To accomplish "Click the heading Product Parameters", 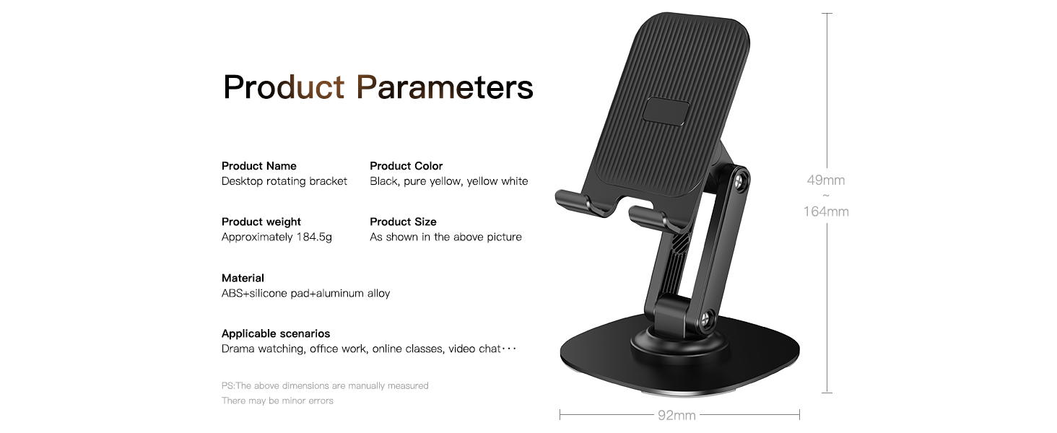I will [x=378, y=87].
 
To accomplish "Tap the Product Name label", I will [x=258, y=166].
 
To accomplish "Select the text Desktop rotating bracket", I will [x=284, y=181].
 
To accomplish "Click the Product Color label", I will [x=406, y=166].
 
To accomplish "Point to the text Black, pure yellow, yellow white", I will [x=448, y=181].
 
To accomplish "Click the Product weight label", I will [x=261, y=222].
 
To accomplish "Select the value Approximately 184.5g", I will [x=277, y=237].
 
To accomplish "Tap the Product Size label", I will [x=403, y=222].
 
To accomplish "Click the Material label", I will [x=243, y=278].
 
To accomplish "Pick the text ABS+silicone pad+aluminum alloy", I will [x=305, y=293].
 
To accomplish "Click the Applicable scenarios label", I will [x=275, y=333].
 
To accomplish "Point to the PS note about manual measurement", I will [x=324, y=386].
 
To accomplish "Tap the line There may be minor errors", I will [x=277, y=401].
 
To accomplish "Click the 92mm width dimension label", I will [x=677, y=415].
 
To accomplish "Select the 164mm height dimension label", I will [x=826, y=211].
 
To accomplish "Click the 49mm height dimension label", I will [x=826, y=180].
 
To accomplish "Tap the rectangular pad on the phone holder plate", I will [x=664, y=112].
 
